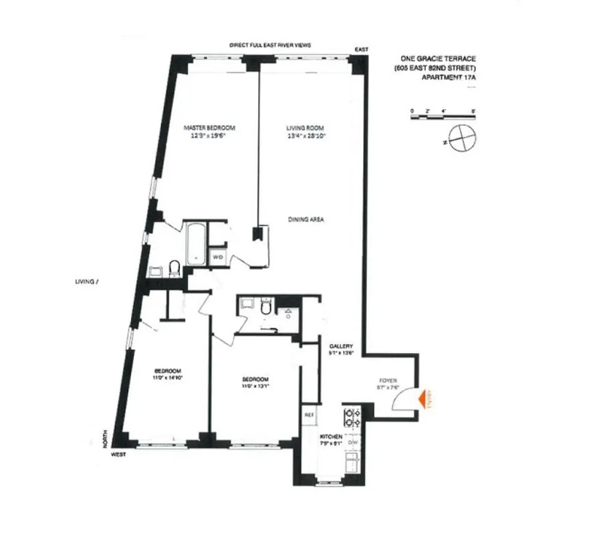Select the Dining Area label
[306, 219]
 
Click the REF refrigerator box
[310, 415]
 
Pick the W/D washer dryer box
[217, 257]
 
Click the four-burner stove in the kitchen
[352, 418]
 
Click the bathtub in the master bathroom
[195, 243]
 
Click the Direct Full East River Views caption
[270, 45]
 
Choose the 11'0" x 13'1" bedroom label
[256, 382]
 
